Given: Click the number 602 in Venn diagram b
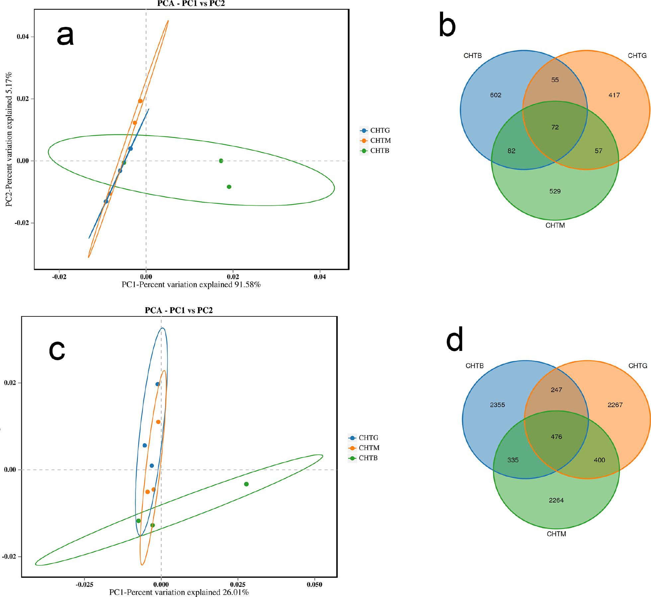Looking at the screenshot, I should pyautogui.click(x=496, y=95).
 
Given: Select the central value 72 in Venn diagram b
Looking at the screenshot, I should pyautogui.click(x=555, y=127).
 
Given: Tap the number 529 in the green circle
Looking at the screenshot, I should pyautogui.click(x=555, y=191).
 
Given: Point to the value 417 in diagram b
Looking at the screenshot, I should pyautogui.click(x=614, y=95).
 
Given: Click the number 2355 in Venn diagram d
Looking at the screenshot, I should pyautogui.click(x=497, y=405).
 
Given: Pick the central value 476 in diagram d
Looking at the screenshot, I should pyautogui.click(x=556, y=437).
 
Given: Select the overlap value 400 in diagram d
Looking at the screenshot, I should pyautogui.click(x=599, y=460).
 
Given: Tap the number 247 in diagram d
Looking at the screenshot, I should pyautogui.click(x=556, y=390).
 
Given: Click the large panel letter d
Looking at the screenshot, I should pyautogui.click(x=455, y=342).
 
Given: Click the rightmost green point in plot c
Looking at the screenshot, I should pyautogui.click(x=246, y=484).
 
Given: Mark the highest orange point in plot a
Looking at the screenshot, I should pyautogui.click(x=140, y=101).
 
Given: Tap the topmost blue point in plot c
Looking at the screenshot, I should pyautogui.click(x=157, y=384).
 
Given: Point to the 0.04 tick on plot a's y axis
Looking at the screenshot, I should pyautogui.click(x=23, y=36).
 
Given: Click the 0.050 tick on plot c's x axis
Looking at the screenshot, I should pyautogui.click(x=315, y=584).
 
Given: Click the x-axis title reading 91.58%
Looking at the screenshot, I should pyautogui.click(x=191, y=285).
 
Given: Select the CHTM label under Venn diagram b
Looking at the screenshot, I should pyautogui.click(x=555, y=226).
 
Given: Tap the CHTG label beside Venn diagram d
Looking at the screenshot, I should pyautogui.click(x=638, y=365).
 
